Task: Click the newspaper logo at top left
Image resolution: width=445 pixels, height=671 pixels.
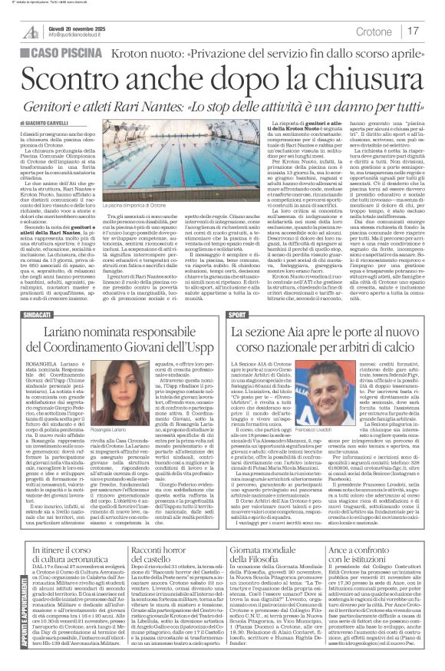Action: (30, 31)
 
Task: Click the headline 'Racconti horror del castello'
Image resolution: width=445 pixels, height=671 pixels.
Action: (168, 535)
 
